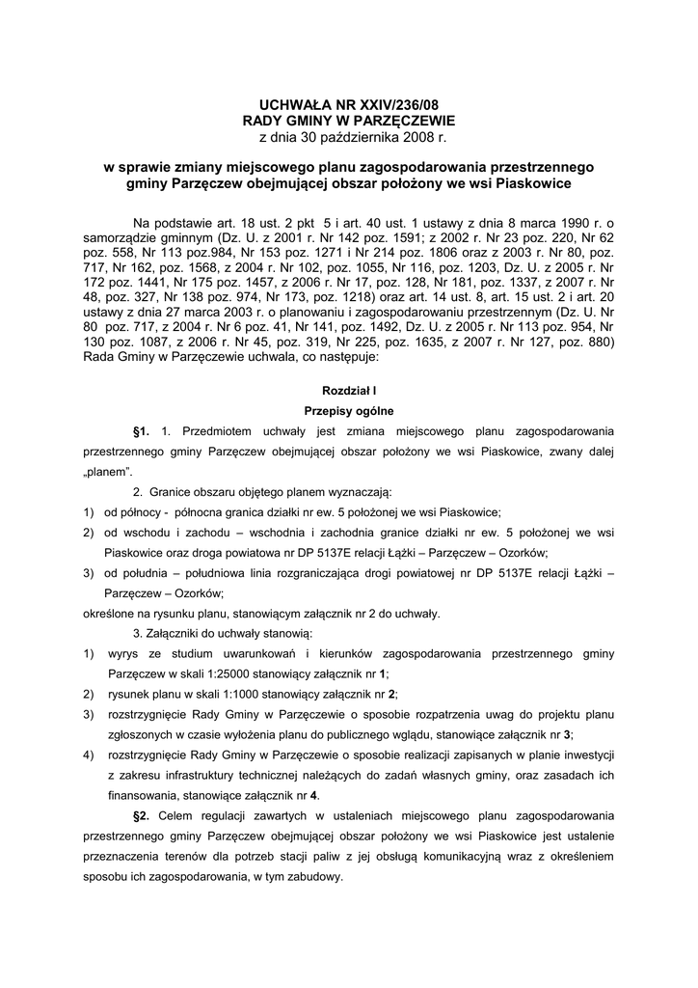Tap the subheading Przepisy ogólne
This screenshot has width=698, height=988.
coord(349,411)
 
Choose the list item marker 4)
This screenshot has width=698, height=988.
coord(88,755)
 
